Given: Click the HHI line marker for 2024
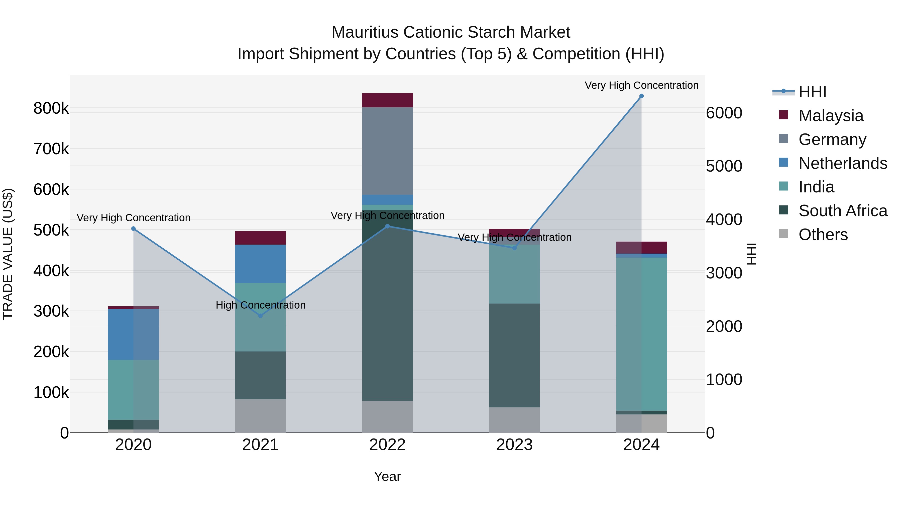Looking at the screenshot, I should (641, 96).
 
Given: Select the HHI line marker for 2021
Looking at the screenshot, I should (260, 316).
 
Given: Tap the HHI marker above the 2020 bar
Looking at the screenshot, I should (133, 229).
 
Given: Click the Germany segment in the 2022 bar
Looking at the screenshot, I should (387, 151).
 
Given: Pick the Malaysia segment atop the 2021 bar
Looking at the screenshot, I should (260, 238).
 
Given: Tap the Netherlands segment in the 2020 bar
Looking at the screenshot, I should (133, 334).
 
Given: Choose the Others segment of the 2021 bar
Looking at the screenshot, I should (260, 416).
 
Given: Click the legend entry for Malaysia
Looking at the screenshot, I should (831, 115).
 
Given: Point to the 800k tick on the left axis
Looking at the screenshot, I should (51, 108).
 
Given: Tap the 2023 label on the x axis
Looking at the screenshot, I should (514, 445).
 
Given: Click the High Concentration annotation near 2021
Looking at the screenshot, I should (261, 305).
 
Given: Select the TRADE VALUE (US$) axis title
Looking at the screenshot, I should (8, 254).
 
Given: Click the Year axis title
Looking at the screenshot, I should (387, 476).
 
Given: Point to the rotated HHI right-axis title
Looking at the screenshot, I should (751, 254).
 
